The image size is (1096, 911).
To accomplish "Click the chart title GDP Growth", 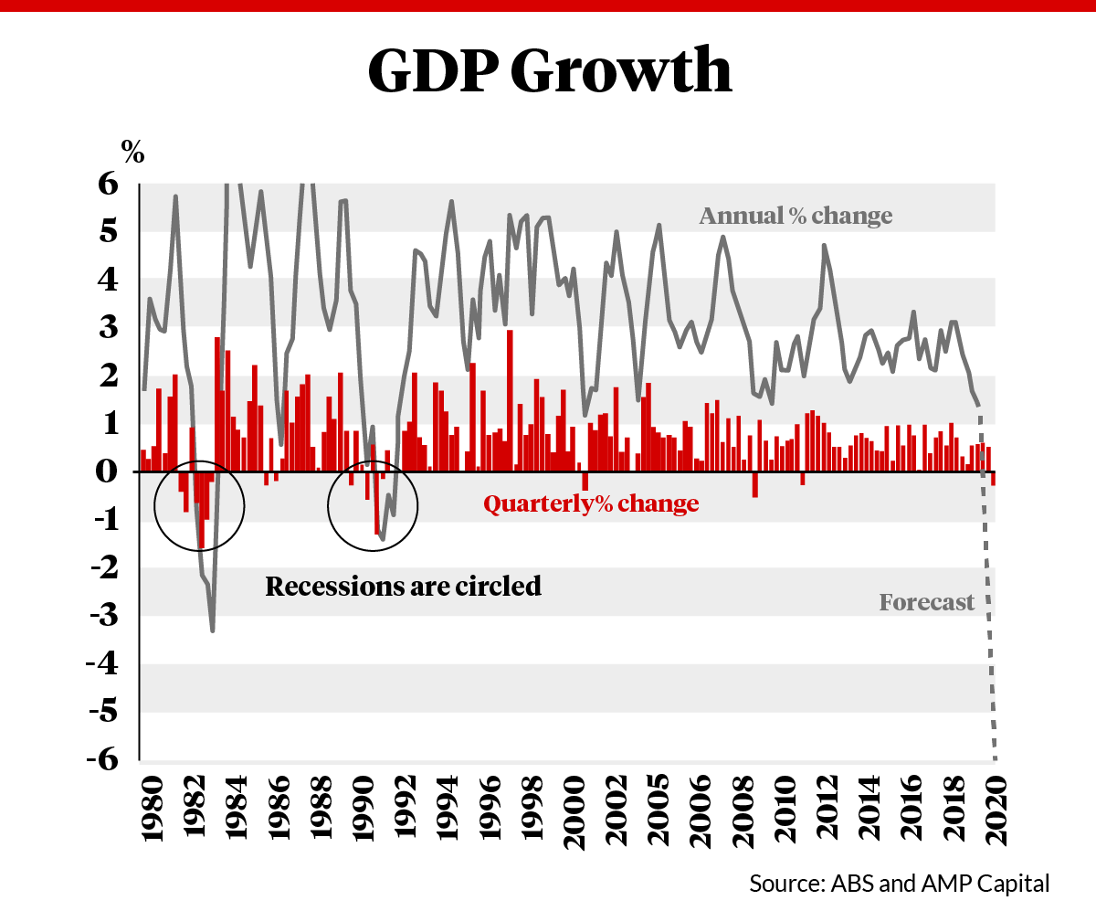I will pyautogui.click(x=549, y=70).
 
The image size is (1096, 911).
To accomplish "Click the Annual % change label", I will pyautogui.click(x=795, y=217).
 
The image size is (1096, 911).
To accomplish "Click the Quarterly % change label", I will pyautogui.click(x=591, y=503).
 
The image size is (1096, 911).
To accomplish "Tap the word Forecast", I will pyautogui.click(x=926, y=603).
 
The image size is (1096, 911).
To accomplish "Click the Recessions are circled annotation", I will pyautogui.click(x=403, y=586).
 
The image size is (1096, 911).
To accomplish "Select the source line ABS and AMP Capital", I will pyautogui.click(x=900, y=884).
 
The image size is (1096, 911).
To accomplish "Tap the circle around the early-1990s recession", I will pyautogui.click(x=416, y=505).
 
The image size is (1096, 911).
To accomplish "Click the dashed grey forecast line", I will pyautogui.click(x=988, y=621).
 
